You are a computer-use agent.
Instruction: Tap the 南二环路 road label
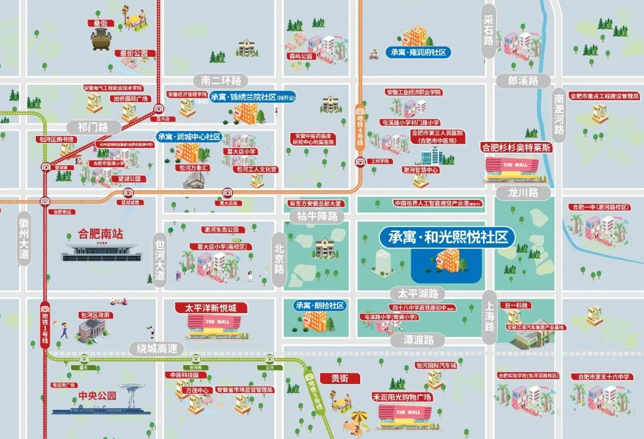point(221,81)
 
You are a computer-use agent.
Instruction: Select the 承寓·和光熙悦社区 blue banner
point(447,237)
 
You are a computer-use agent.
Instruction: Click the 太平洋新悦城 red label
point(211,308)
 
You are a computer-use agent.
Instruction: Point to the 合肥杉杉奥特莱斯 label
point(516,147)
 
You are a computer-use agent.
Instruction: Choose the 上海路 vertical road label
point(490,317)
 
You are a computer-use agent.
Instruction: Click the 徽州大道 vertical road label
point(24,238)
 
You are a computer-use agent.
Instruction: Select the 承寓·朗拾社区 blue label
point(320,305)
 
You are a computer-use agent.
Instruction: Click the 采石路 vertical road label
point(489,31)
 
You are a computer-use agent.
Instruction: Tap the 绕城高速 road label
point(157,348)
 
